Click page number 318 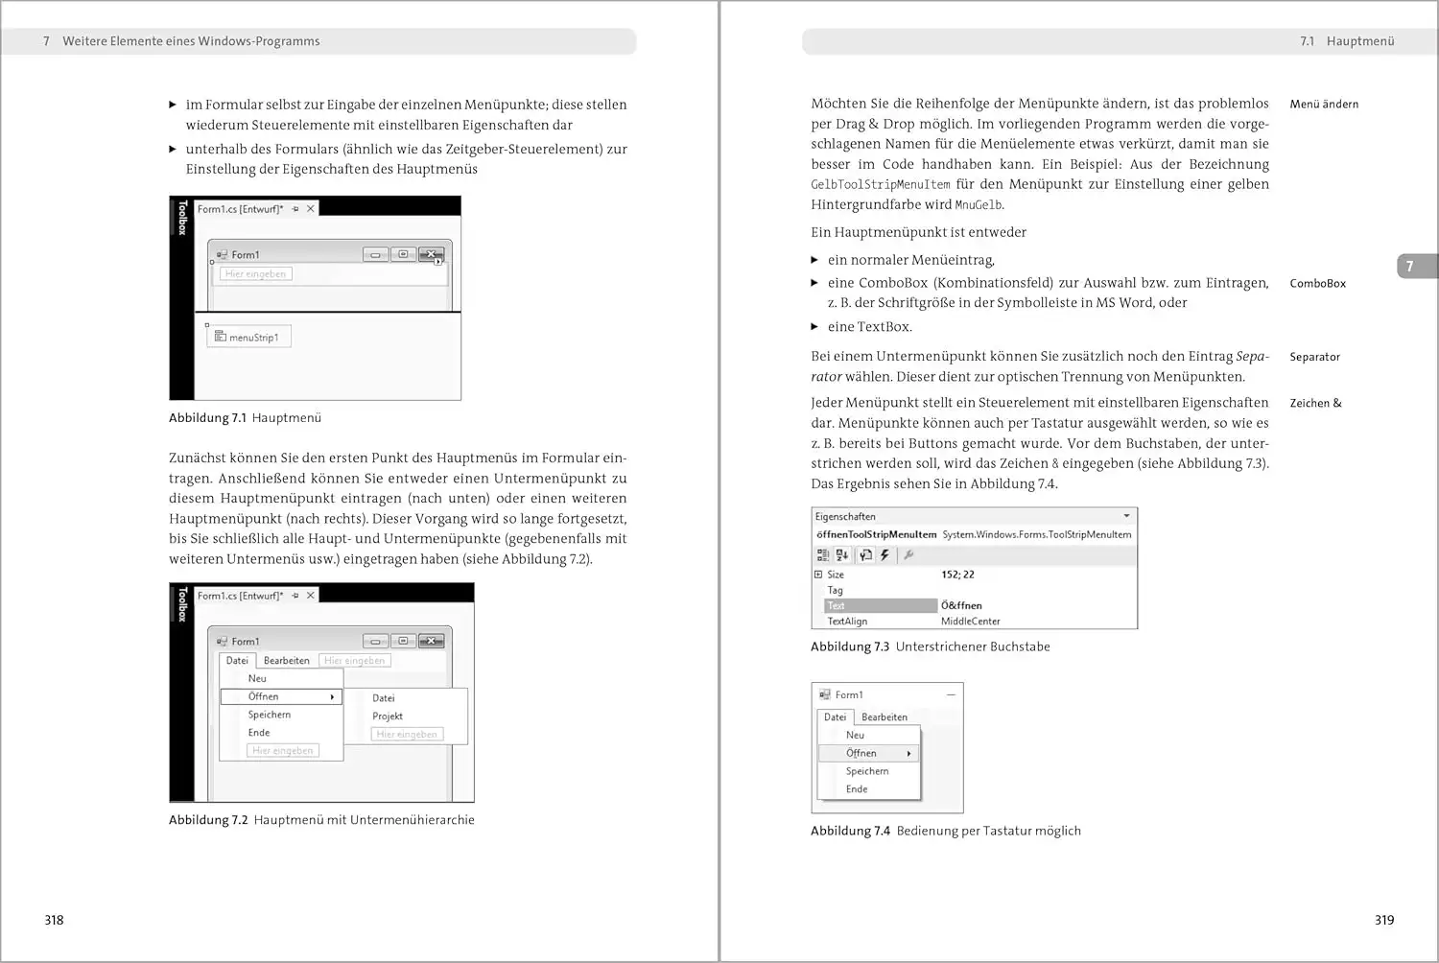click(54, 920)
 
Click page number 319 click(1383, 920)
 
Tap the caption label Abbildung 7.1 click(207, 418)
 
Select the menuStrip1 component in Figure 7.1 click(253, 338)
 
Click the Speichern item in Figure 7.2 click(269, 715)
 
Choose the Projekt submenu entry click(388, 716)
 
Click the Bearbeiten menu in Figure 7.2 click(286, 661)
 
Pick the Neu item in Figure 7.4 click(855, 735)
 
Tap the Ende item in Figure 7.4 click(857, 789)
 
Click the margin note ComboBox click(1317, 284)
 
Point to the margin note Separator click(1314, 357)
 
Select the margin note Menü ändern click(1324, 105)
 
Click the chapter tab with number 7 click(1409, 267)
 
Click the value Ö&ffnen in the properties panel click(961, 606)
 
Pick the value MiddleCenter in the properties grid click(970, 622)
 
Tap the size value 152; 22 click(957, 575)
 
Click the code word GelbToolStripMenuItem click(880, 185)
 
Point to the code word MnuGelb click(979, 205)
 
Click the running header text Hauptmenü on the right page click(1360, 41)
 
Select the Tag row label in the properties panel click(835, 591)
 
